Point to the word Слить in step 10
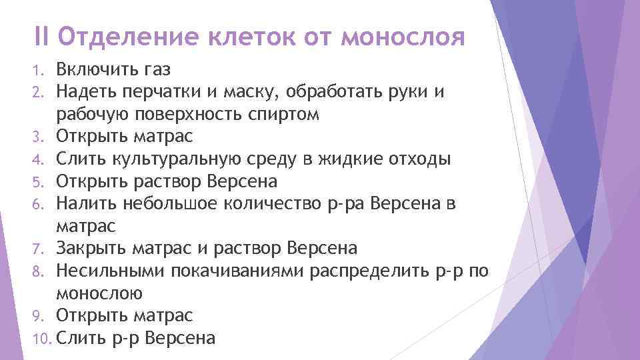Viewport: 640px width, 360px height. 79,339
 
